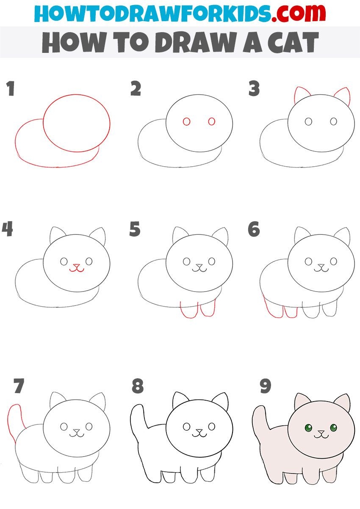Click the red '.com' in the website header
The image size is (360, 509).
click(x=298, y=13)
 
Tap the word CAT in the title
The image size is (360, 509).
click(x=293, y=42)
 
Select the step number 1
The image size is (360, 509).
click(x=11, y=88)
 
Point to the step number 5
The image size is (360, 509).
click(x=135, y=229)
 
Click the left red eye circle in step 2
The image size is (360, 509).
click(x=186, y=121)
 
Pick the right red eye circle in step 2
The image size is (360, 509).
click(x=211, y=121)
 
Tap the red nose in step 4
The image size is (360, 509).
click(x=77, y=266)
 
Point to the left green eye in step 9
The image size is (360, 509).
click(x=308, y=428)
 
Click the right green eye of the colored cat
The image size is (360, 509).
click(x=333, y=428)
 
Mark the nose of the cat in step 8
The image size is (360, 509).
click(x=199, y=431)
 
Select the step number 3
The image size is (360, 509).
click(x=254, y=88)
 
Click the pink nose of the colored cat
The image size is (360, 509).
click(x=321, y=431)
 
